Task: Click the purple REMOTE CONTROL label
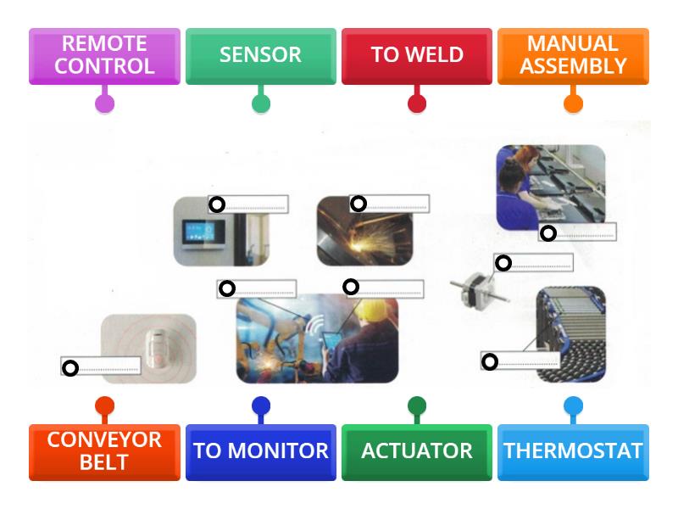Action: tap(104, 55)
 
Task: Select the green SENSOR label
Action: tap(260, 55)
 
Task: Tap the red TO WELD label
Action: tap(416, 55)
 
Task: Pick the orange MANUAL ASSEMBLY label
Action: tap(573, 55)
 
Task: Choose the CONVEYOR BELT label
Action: tap(104, 451)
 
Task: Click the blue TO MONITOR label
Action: tap(260, 451)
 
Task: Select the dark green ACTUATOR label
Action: tap(416, 451)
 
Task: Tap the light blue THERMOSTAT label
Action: tap(573, 451)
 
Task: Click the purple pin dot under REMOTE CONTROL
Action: tap(104, 104)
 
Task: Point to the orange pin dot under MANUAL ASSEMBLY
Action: tap(573, 104)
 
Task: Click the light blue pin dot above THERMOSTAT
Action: tap(573, 406)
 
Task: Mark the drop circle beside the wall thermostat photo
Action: tap(217, 204)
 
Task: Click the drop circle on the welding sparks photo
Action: tap(358, 204)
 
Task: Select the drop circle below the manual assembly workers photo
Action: tap(548, 233)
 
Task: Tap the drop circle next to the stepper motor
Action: tap(503, 263)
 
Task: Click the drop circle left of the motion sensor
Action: tap(70, 367)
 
